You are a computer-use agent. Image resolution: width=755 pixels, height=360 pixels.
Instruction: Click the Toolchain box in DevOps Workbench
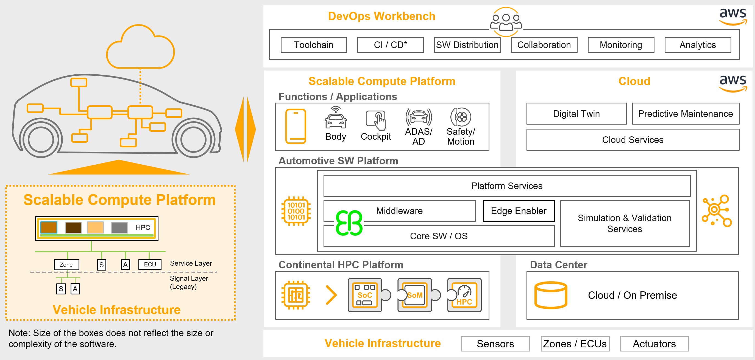[x=314, y=45]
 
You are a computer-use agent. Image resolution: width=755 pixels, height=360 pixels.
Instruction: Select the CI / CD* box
[x=390, y=45]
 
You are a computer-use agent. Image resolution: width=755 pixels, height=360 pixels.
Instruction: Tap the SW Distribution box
[x=467, y=45]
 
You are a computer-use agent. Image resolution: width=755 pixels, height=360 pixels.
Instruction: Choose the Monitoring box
[x=621, y=45]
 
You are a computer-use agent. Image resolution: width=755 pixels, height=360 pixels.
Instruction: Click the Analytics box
[x=698, y=45]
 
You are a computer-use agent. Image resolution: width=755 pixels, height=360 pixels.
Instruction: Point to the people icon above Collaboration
[x=506, y=22]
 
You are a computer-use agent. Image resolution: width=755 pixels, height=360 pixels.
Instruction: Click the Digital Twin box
[x=576, y=114]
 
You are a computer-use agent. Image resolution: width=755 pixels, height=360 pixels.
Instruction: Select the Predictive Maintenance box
[x=685, y=114]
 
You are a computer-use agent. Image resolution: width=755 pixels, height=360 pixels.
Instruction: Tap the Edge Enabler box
[x=519, y=211]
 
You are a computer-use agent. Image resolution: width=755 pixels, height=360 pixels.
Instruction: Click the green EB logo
[x=349, y=223]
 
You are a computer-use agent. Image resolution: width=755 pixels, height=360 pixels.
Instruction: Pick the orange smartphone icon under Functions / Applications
[x=296, y=126]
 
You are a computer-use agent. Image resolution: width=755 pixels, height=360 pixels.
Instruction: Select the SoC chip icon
[x=365, y=295]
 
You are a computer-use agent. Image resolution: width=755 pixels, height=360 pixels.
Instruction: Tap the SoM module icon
[x=414, y=295]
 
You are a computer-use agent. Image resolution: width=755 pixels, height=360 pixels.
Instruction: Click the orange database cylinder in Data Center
[x=551, y=295]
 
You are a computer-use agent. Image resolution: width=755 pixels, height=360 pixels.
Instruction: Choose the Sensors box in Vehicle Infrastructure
[x=495, y=344]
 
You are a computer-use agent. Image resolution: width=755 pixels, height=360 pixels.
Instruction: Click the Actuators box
[x=654, y=344]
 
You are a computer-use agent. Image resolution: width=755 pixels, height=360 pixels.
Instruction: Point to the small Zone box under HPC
[x=66, y=265]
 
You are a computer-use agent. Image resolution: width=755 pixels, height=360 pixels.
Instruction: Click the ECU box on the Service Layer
[x=150, y=264]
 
